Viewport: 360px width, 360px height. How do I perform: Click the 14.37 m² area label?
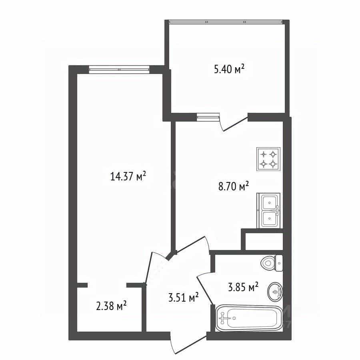click(x=128, y=176)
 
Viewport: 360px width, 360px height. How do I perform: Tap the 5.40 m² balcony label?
click(x=229, y=69)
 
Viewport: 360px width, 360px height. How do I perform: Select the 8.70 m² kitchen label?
click(x=234, y=186)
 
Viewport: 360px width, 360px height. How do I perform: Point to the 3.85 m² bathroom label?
click(x=243, y=287)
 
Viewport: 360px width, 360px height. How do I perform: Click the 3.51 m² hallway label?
click(x=184, y=297)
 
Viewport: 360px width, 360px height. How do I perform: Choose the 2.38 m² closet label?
click(x=111, y=306)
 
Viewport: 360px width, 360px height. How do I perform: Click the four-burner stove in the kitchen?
click(x=268, y=159)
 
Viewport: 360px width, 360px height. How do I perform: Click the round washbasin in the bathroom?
click(x=275, y=292)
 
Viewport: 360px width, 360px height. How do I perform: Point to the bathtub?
click(x=249, y=318)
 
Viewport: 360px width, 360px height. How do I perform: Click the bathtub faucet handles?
click(x=222, y=318)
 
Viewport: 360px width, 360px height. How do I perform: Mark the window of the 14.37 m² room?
click(x=119, y=69)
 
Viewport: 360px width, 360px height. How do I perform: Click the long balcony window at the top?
click(x=226, y=22)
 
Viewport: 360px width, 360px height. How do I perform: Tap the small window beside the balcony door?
click(x=208, y=117)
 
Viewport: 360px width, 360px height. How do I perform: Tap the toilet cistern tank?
click(x=279, y=263)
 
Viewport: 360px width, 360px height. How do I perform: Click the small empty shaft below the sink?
click(x=264, y=242)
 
